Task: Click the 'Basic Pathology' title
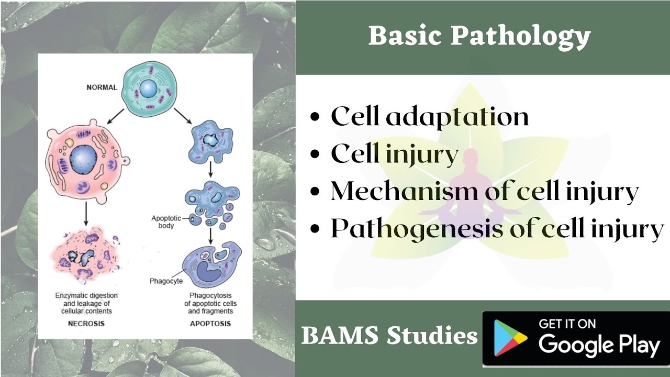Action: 479,37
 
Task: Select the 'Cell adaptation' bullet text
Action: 429,116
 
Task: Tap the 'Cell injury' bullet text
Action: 395,154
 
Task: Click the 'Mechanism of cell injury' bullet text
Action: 484,192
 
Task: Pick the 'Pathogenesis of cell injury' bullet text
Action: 497,229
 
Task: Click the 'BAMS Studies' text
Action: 389,336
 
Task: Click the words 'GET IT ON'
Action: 567,324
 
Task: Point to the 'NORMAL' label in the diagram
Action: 102,87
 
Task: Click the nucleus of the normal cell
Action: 148,89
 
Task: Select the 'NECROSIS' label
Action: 86,324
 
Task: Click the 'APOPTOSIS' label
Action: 210,324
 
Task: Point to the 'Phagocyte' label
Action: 166,281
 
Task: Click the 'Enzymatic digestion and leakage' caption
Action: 86,303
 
